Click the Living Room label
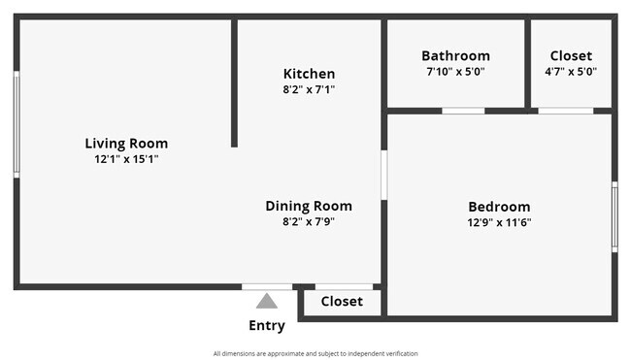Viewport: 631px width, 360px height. coord(126,144)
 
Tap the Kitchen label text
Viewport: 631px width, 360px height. coord(309,74)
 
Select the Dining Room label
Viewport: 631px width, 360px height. coord(309,206)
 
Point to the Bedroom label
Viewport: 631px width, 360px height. coord(499,207)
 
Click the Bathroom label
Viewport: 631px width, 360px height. coord(455,56)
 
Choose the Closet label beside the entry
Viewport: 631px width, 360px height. coord(342,302)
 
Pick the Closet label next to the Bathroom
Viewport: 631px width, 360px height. coord(571,56)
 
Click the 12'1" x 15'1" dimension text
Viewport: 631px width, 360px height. coord(126,159)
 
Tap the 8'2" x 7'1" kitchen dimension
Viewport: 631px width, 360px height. coord(309,89)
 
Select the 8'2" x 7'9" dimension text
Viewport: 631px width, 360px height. coord(309,221)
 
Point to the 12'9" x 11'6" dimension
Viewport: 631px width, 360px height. coord(499,222)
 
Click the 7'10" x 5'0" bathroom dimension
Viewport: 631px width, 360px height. coord(455,72)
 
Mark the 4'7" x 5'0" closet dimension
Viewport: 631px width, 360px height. coord(571,72)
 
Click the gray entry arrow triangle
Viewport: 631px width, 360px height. coord(267,302)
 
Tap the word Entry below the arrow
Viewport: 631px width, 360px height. coord(267,326)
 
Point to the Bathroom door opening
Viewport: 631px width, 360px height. coord(463,111)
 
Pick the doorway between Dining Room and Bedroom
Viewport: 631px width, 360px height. coord(383,175)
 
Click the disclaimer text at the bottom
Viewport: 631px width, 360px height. coord(315,353)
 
